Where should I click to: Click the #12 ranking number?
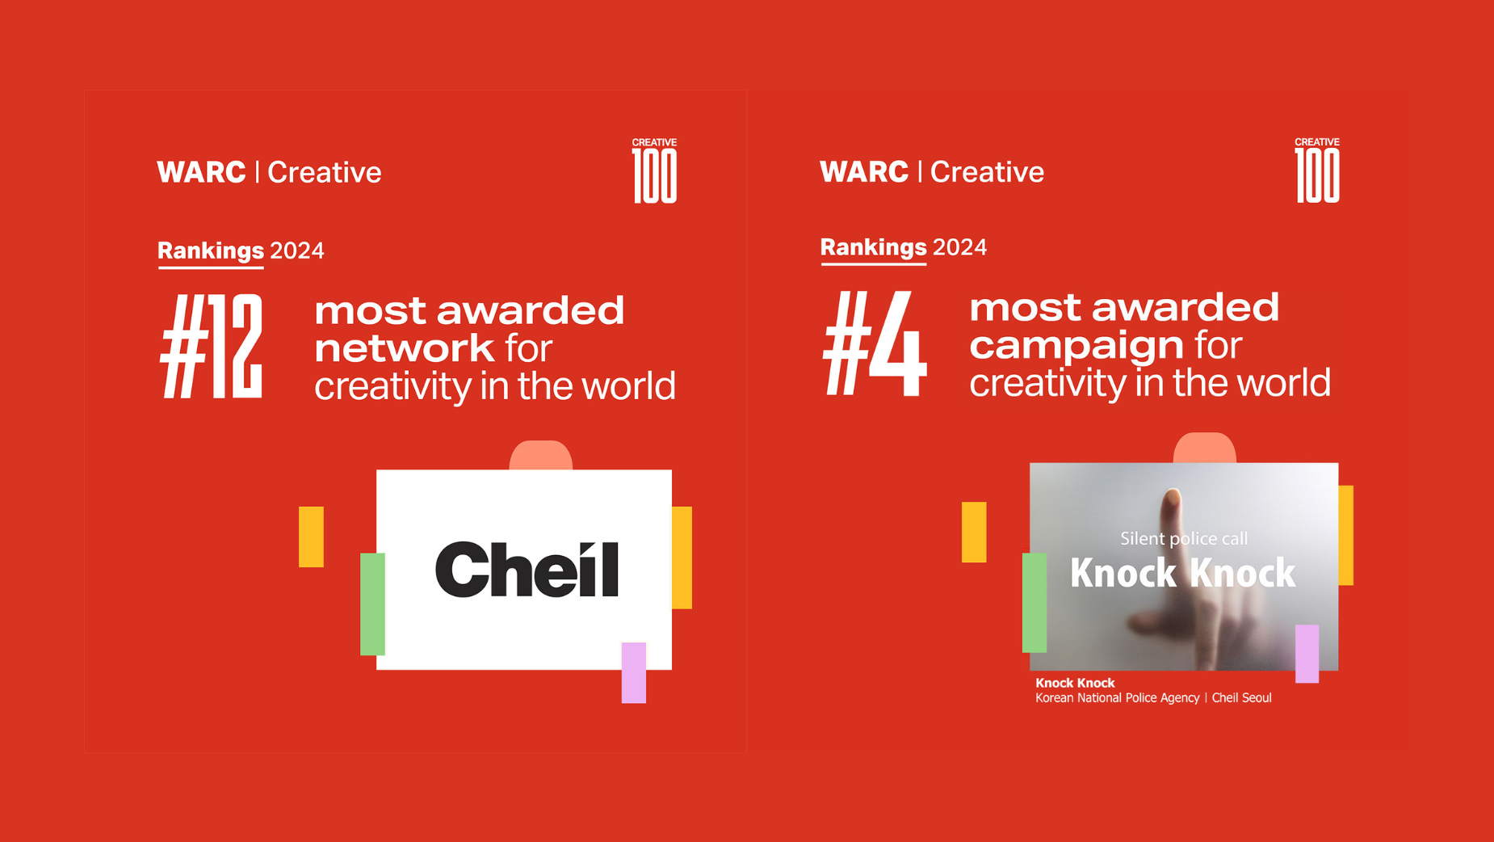coord(212,347)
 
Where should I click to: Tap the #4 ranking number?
coord(875,344)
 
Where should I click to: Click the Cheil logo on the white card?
coord(527,570)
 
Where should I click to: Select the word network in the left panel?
coord(404,348)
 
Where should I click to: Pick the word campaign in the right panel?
coord(1076,346)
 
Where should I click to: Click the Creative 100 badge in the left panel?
coord(654,171)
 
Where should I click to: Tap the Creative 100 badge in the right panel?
coord(1317,171)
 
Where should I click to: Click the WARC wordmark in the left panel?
coord(201,172)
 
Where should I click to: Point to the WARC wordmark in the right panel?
coord(864,171)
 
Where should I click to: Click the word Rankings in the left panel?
coord(211,250)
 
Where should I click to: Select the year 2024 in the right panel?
coord(959,247)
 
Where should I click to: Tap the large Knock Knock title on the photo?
coord(1182,573)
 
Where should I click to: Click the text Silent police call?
coord(1183,538)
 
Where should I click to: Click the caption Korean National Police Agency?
coord(1117,698)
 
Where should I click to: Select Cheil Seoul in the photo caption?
coord(1241,698)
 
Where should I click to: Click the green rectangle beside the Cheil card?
coord(372,604)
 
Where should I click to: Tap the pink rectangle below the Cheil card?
coord(634,672)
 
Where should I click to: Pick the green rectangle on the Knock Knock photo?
coord(1034,602)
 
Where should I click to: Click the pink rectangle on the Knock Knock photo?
coord(1307,653)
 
